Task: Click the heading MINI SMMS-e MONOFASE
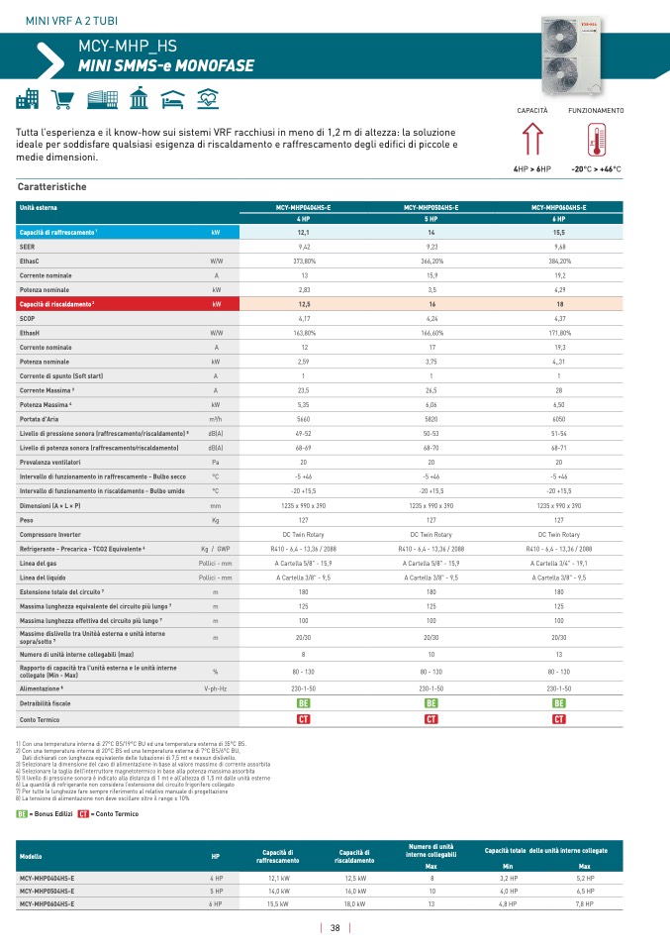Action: pos(166,66)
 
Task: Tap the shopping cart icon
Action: pos(63,100)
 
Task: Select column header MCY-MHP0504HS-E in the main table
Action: pos(431,207)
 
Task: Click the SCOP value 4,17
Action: pos(304,319)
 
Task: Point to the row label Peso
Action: pos(28,519)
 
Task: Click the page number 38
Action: pos(335,928)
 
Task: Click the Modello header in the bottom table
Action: pos(31,855)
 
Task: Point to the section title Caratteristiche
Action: pos(52,186)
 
